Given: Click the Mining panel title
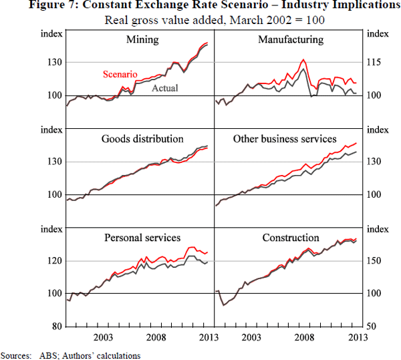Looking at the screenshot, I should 142,39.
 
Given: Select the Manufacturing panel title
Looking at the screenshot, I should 290,39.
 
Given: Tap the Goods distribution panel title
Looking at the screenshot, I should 142,139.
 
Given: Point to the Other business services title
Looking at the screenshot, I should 285,139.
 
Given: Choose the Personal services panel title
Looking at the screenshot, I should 142,238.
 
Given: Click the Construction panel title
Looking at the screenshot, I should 290,238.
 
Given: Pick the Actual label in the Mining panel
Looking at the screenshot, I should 165,87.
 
